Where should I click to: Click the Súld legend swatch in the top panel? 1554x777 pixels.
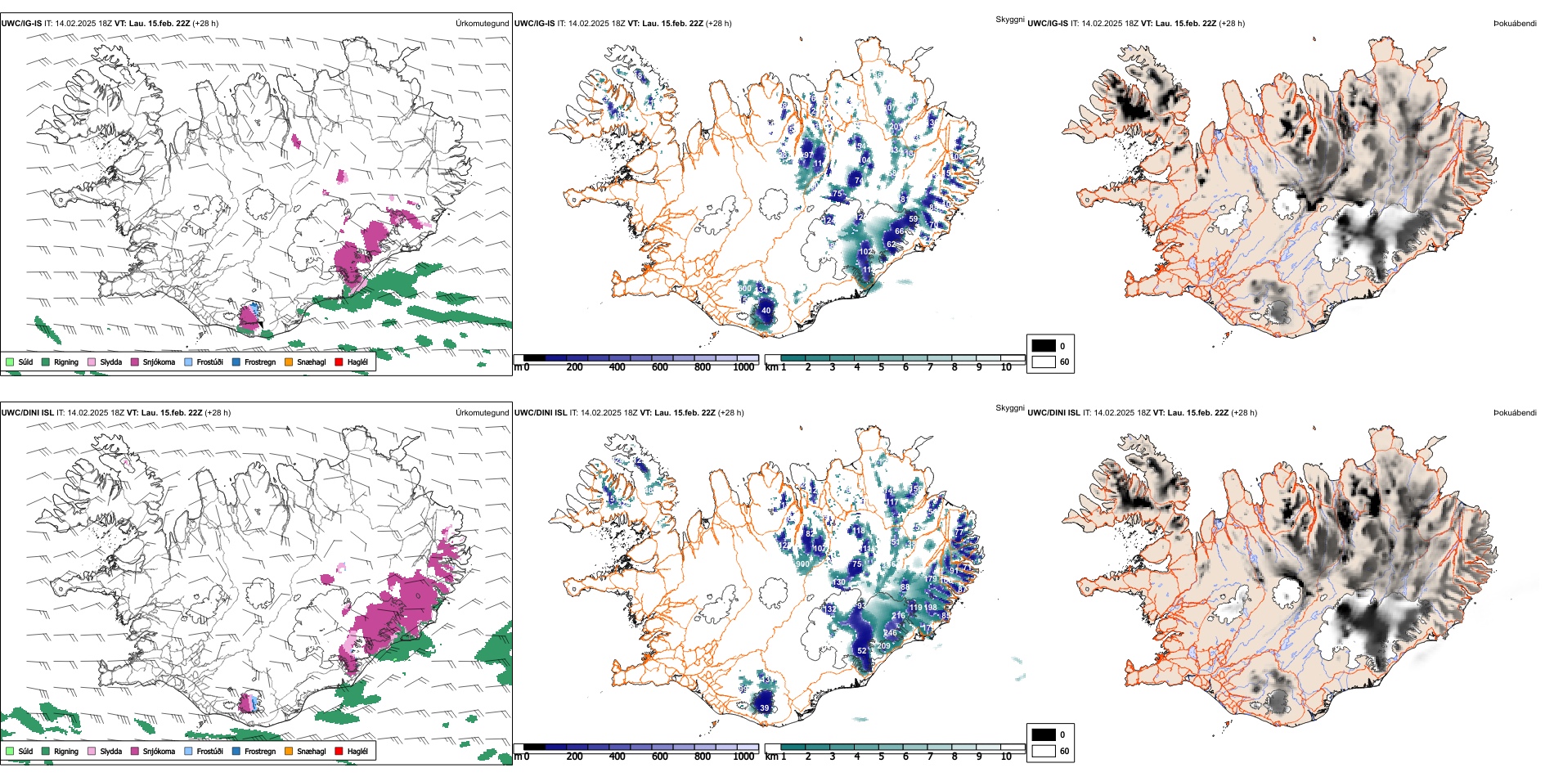pos(10,362)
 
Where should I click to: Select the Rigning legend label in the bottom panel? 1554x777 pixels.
pos(66,751)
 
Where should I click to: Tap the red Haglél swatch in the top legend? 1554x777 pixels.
pos(339,362)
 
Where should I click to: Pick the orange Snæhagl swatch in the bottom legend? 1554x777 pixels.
pos(289,751)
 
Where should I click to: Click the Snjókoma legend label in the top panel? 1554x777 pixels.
pos(159,362)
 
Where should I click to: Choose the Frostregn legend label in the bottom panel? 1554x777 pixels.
pos(260,751)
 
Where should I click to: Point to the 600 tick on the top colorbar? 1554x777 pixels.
pos(660,367)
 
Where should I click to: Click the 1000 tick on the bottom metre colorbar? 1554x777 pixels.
pos(743,757)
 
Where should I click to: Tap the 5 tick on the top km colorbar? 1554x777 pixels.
pos(882,367)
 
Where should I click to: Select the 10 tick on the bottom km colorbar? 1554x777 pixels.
pos(1006,757)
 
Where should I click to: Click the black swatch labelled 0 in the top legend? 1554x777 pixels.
pos(1044,345)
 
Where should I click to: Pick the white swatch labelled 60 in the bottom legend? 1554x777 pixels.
pos(1044,751)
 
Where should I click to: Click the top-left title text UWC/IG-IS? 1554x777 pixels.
pos(21,23)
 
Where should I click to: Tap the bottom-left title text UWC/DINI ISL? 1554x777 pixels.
pos(27,412)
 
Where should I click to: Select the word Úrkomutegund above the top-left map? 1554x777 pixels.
pos(482,23)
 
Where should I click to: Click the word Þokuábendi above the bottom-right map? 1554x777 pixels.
pos(1515,412)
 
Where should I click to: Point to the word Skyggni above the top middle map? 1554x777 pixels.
pos(1009,19)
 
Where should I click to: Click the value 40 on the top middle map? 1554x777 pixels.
pos(766,311)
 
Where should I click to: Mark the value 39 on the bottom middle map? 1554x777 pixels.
pos(765,708)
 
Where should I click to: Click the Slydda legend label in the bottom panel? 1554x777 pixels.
pos(111,751)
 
